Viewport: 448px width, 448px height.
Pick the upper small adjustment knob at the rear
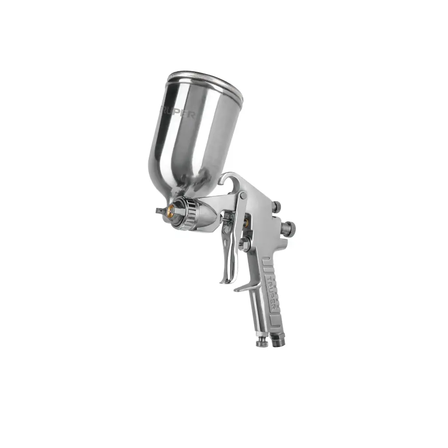(x=276, y=206)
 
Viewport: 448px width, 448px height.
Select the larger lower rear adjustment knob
(x=289, y=227)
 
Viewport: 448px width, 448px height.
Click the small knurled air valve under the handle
(x=261, y=342)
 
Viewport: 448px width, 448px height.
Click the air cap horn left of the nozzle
(x=158, y=210)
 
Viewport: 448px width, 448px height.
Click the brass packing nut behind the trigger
(x=247, y=222)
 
